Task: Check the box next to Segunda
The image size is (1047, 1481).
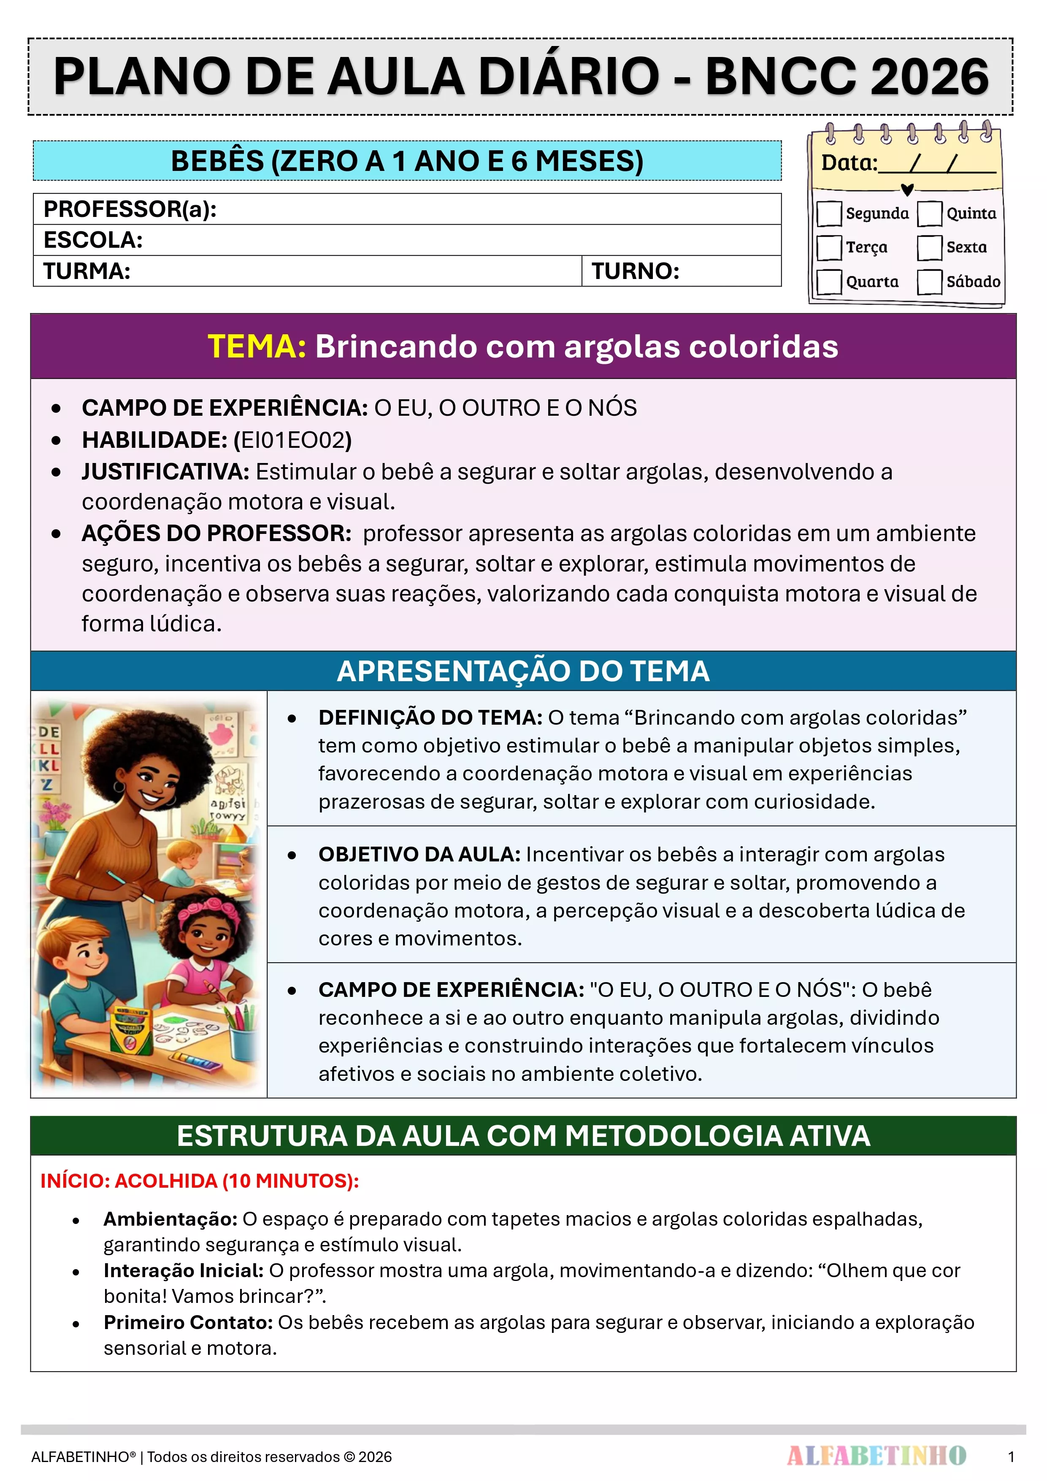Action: click(x=829, y=214)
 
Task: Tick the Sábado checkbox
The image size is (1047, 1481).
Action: click(x=930, y=282)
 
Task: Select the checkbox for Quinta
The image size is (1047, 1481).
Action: click(x=930, y=214)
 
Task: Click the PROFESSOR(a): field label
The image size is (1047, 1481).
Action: click(x=130, y=209)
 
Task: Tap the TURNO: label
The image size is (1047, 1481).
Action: click(x=636, y=271)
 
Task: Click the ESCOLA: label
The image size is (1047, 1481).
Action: click(x=93, y=240)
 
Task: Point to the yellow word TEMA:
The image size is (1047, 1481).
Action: click(x=257, y=347)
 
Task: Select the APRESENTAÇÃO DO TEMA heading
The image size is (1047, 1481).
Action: click(x=523, y=671)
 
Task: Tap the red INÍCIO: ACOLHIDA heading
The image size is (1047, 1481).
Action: click(x=199, y=1180)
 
